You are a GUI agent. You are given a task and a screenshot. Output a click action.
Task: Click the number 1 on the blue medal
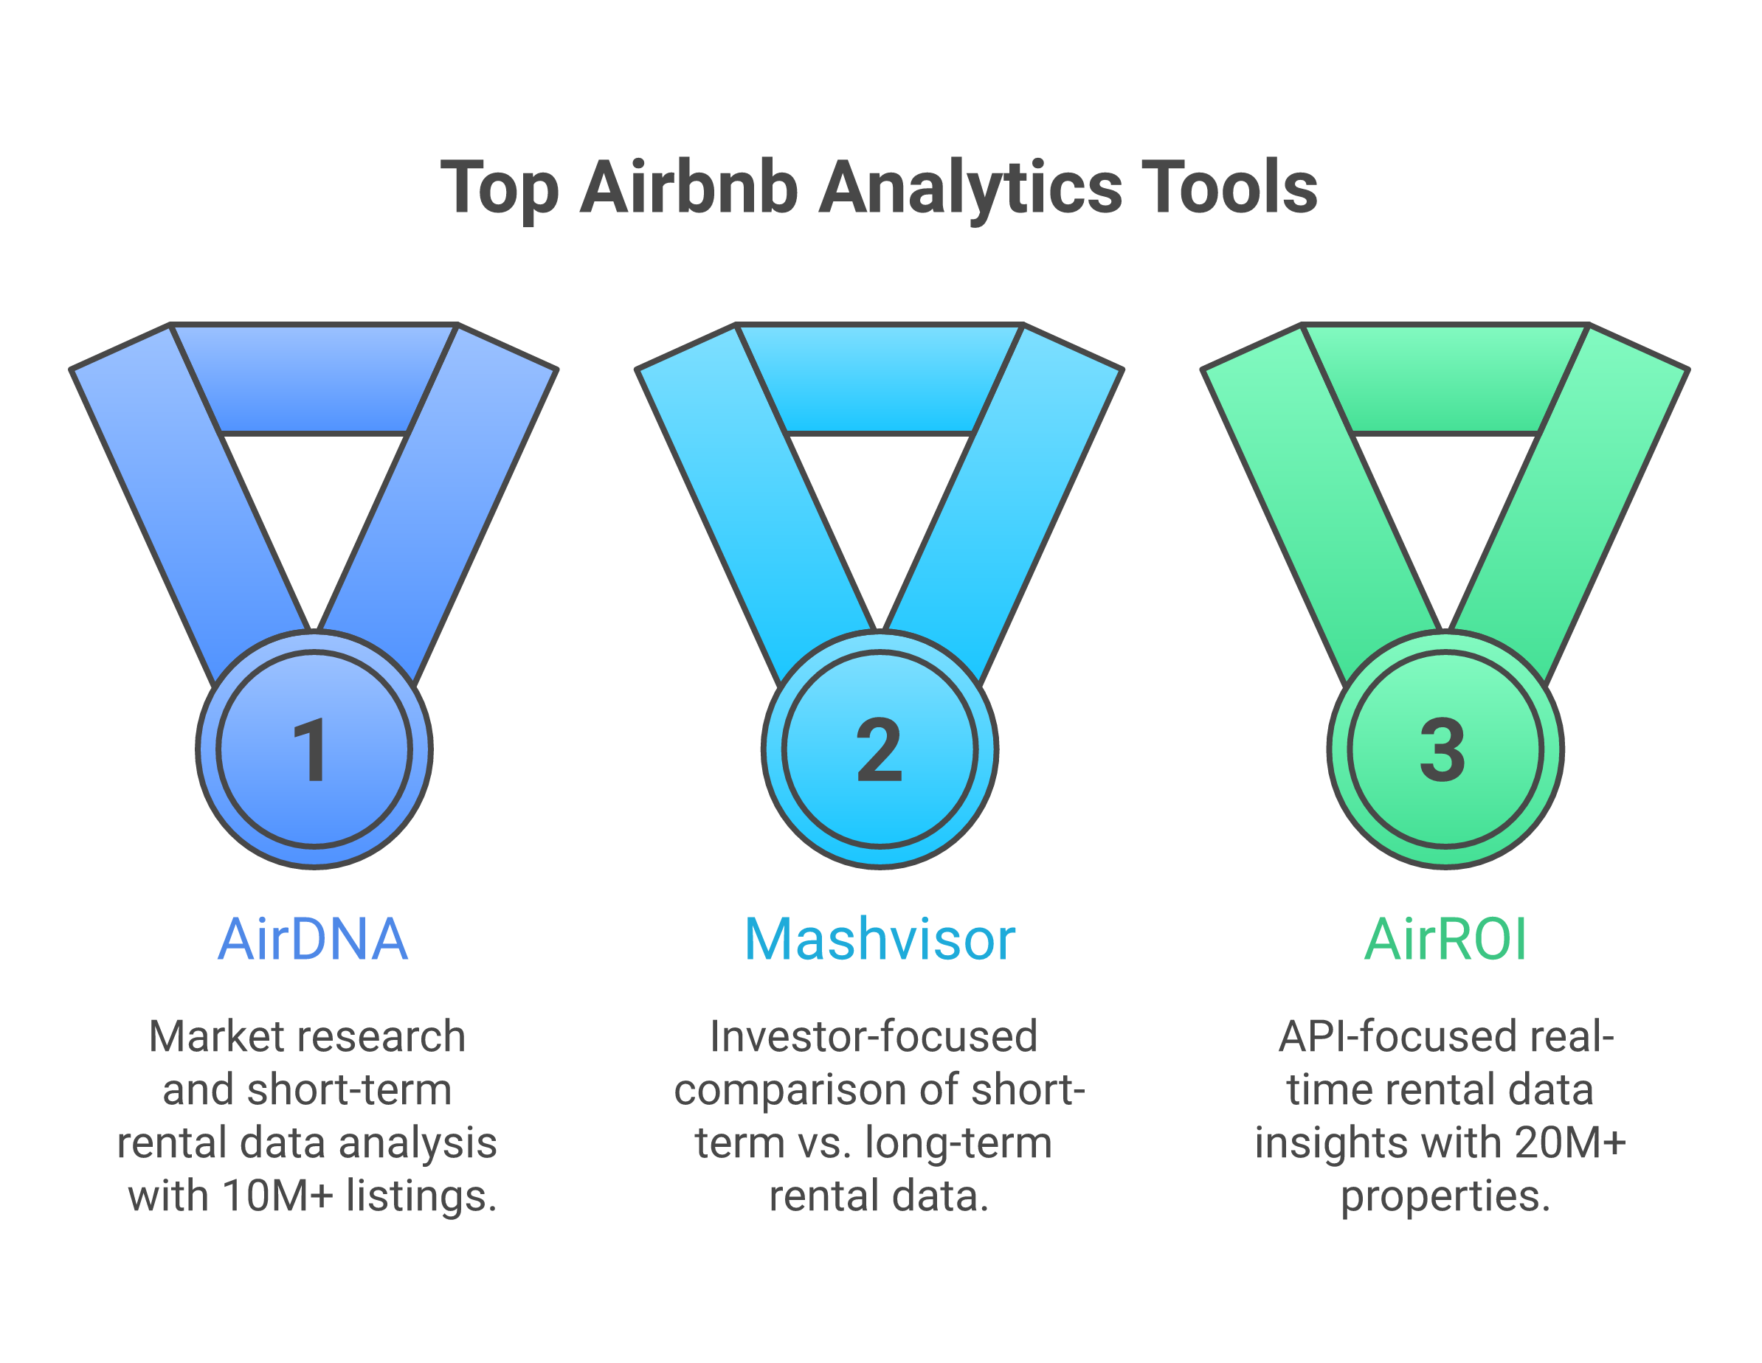311,751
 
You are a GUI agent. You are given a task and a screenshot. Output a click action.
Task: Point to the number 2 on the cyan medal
879,751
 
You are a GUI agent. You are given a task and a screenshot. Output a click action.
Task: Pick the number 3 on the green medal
1443,751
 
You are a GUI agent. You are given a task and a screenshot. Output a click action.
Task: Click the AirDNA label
313,940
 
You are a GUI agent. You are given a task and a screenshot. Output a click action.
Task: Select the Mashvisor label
880,940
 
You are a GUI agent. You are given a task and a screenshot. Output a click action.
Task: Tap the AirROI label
1445,940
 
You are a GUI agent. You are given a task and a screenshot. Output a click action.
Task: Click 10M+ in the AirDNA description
277,1196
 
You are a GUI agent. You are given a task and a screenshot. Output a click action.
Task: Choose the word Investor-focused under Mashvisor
874,1036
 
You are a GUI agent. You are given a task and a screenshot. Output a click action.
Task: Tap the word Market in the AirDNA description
201,1036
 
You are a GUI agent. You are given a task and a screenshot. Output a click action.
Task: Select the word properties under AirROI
1445,1197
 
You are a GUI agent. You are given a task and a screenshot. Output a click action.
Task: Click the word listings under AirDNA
421,1196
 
